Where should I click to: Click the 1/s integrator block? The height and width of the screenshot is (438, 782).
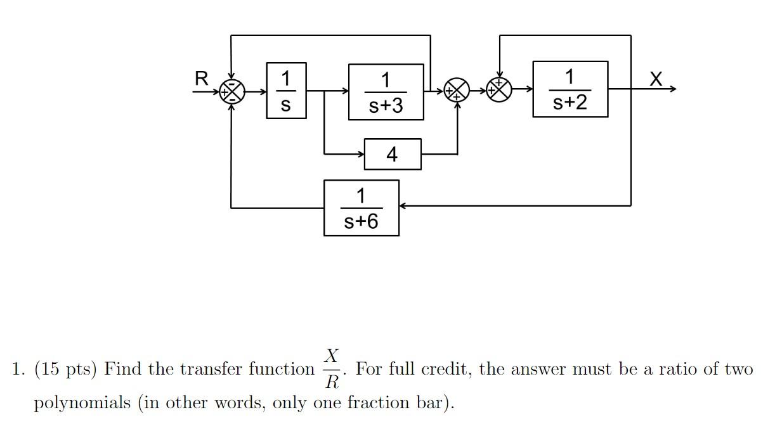pyautogui.click(x=286, y=91)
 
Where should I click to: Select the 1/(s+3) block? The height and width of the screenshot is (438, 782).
pyautogui.click(x=386, y=92)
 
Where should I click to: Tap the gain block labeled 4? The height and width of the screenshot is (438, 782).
pyautogui.click(x=393, y=154)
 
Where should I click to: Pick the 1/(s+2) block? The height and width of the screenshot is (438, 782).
pyautogui.click(x=570, y=89)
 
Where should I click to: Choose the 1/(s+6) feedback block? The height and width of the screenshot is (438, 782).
pyautogui.click(x=361, y=208)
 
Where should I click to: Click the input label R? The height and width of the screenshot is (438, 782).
pyautogui.click(x=201, y=79)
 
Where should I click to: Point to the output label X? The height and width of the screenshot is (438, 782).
pyautogui.click(x=656, y=79)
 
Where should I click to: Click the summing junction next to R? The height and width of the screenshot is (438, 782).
pyautogui.click(x=231, y=92)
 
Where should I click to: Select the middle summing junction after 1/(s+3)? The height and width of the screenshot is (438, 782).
pyautogui.click(x=456, y=91)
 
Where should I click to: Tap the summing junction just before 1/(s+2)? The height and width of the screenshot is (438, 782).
pyautogui.click(x=499, y=89)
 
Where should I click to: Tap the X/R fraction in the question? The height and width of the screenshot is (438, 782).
pyautogui.click(x=331, y=368)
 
